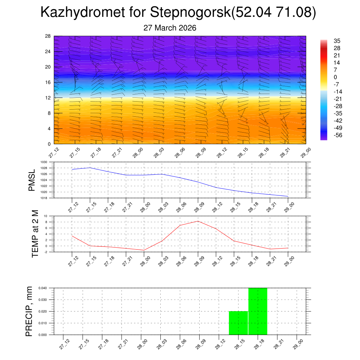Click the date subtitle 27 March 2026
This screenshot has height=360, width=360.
pos(170,28)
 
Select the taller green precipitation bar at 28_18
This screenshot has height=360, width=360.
pos(258,311)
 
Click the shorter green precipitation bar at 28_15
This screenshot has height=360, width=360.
pos(238,323)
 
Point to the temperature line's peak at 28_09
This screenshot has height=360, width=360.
pos(198,221)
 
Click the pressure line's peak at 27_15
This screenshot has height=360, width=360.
pos(90,168)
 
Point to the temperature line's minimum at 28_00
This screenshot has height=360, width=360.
pos(144,250)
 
